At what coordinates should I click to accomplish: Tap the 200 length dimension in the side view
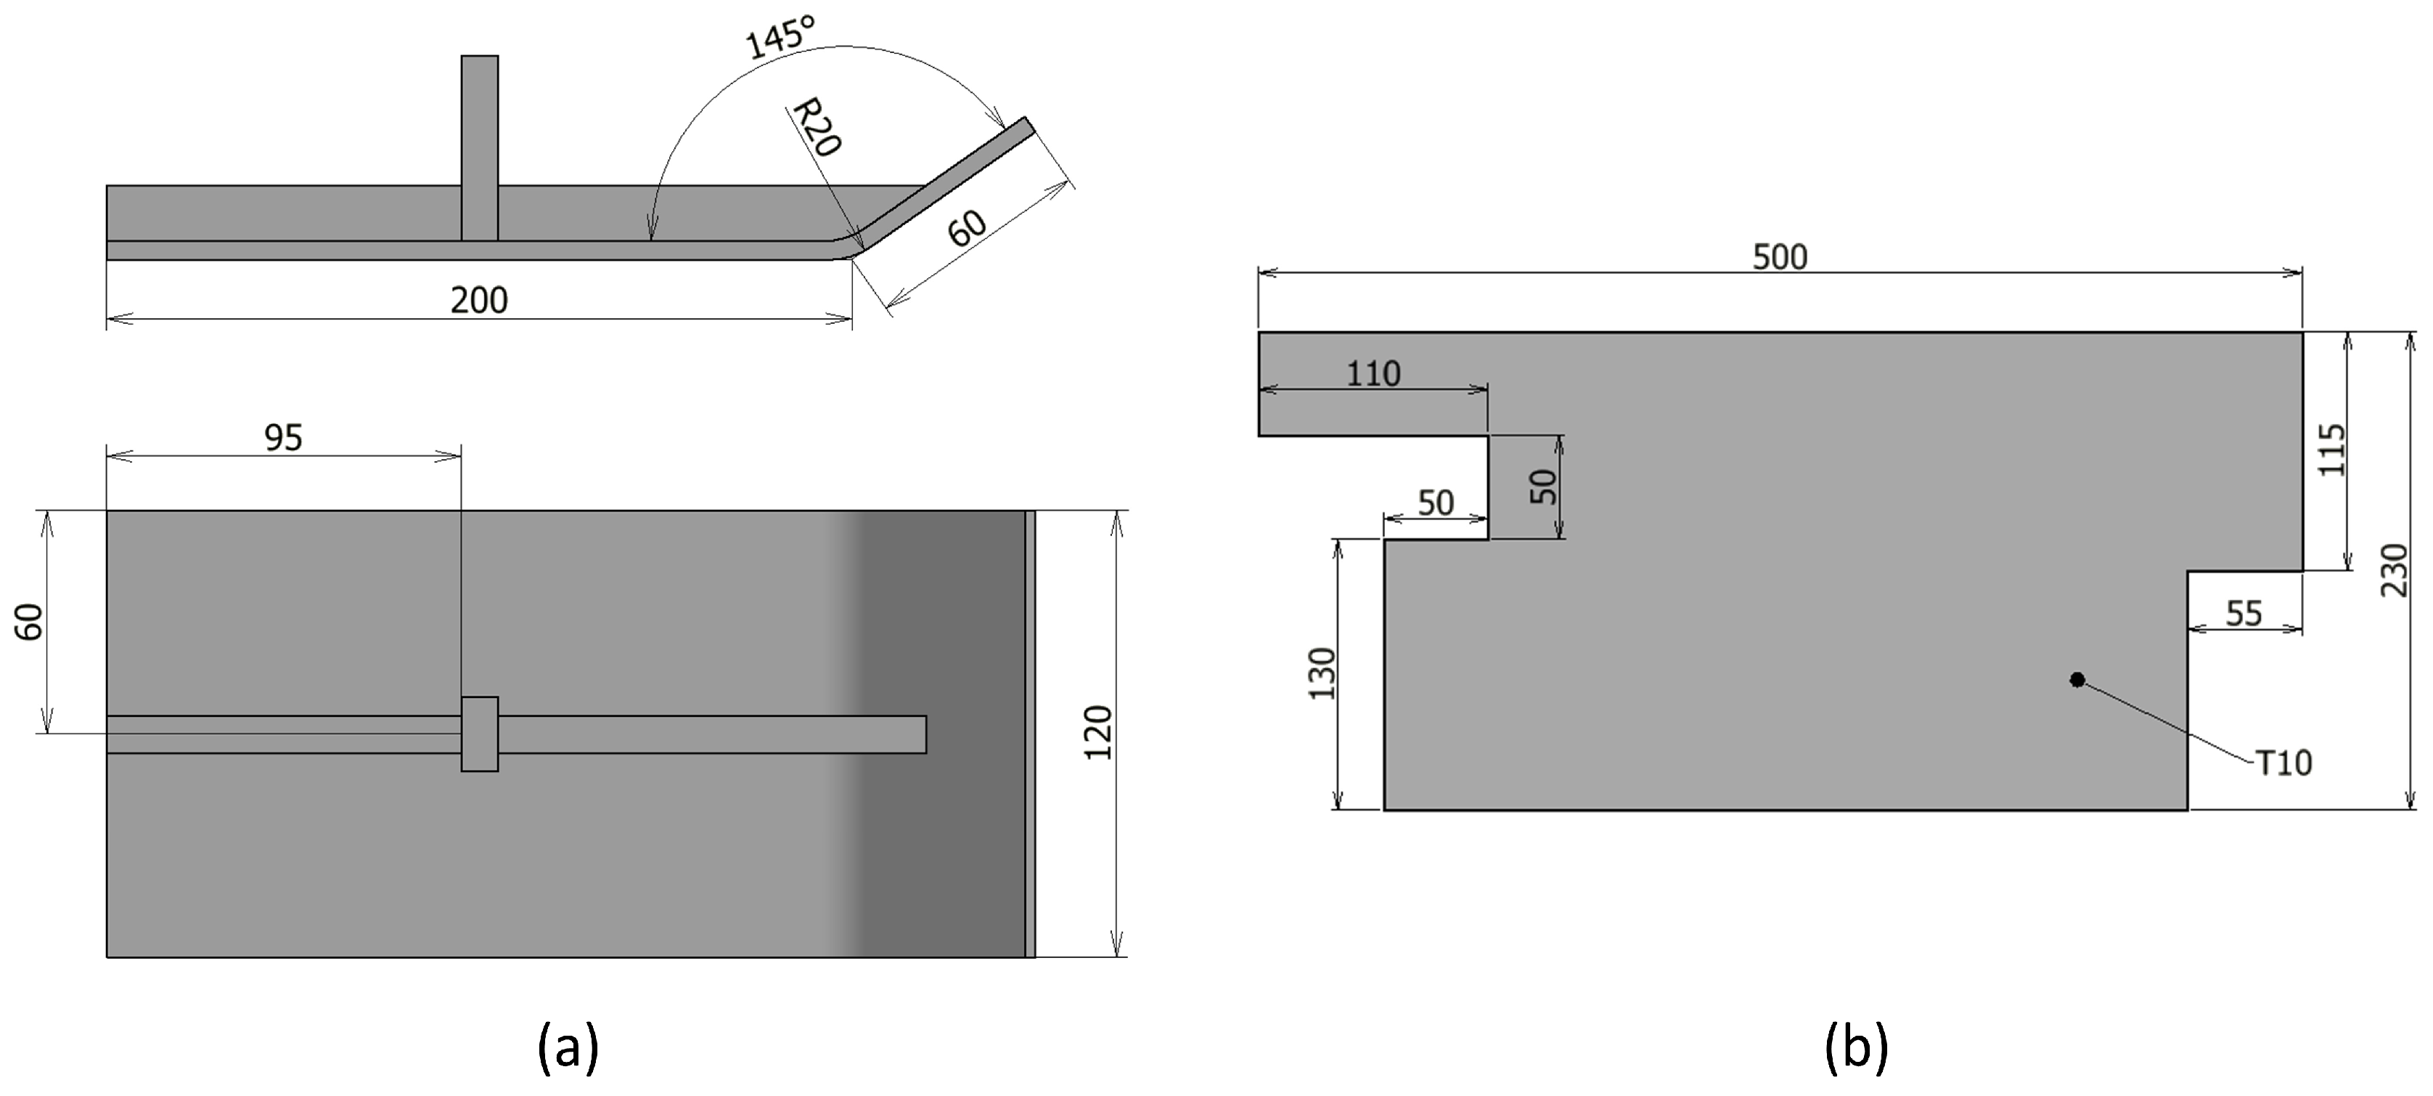[x=479, y=301]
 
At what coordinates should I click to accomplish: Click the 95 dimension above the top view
[x=283, y=437]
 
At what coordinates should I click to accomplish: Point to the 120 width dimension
[x=1098, y=733]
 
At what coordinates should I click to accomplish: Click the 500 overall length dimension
[x=1780, y=257]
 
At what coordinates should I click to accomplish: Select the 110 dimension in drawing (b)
[x=1373, y=374]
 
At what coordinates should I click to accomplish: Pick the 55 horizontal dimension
[x=2244, y=614]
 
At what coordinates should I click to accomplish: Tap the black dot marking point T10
[x=2077, y=679]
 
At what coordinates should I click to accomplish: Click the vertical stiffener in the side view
[x=480, y=147]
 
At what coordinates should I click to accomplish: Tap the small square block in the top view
[x=480, y=734]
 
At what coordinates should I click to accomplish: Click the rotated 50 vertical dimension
[x=1542, y=487]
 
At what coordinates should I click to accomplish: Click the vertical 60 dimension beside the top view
[x=31, y=622]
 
